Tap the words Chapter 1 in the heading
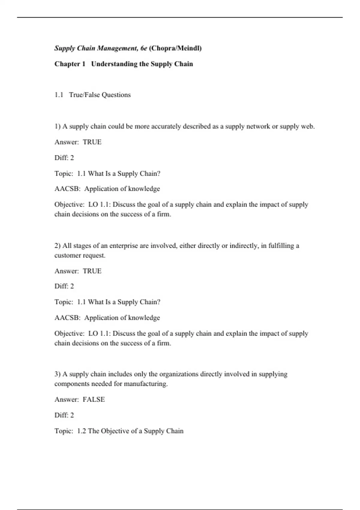coord(70,64)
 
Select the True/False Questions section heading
coord(100,95)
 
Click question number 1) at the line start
coord(58,126)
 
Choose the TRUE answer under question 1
coord(92,142)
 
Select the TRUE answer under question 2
coord(92,271)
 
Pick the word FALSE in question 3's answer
coord(94,399)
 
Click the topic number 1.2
coord(81,431)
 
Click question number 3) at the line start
coord(58,374)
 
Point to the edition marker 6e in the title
coord(144,48)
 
